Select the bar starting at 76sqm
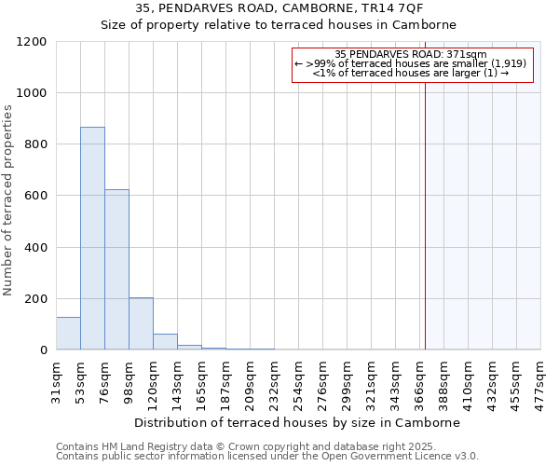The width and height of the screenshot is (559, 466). (116, 270)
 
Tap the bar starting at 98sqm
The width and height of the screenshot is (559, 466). (141, 323)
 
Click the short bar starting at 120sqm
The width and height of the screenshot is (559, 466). (165, 342)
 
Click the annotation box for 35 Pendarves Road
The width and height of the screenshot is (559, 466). (413, 64)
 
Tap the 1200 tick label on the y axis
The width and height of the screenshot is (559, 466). (31, 42)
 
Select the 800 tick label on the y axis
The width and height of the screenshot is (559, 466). (34, 144)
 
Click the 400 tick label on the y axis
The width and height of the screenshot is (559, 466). (34, 248)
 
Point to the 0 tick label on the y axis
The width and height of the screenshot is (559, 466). (43, 350)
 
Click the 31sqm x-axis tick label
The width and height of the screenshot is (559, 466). (56, 380)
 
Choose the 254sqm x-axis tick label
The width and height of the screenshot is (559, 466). (299, 380)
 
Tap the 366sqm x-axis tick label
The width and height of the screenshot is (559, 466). (420, 380)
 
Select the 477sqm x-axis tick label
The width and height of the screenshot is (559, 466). (541, 380)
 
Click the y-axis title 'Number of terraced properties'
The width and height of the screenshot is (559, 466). (8, 199)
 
